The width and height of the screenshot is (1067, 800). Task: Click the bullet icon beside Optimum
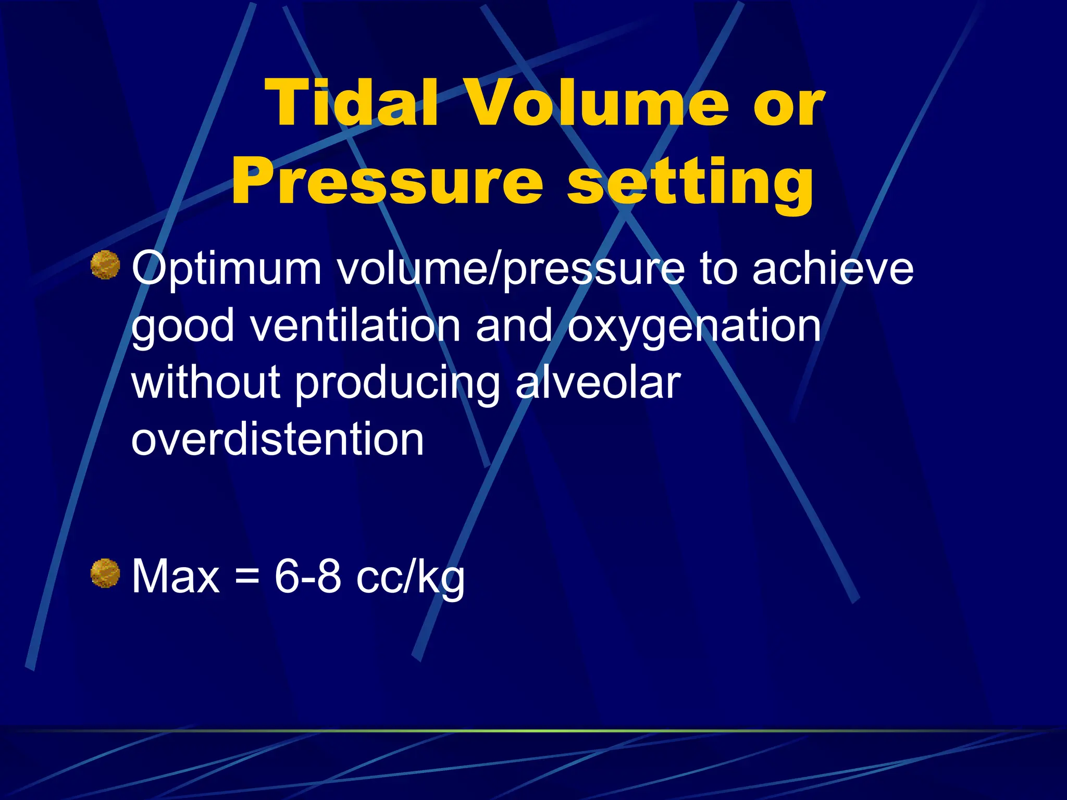[105, 265]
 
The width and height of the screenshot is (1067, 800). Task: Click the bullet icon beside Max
[105, 573]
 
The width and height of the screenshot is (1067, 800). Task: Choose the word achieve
[833, 269]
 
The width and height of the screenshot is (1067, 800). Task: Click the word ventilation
[355, 326]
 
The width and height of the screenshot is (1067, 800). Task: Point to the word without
[206, 382]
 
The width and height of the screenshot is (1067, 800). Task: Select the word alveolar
[598, 382]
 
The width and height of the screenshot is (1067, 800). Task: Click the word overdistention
[277, 440]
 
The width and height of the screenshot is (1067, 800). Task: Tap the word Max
[176, 577]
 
